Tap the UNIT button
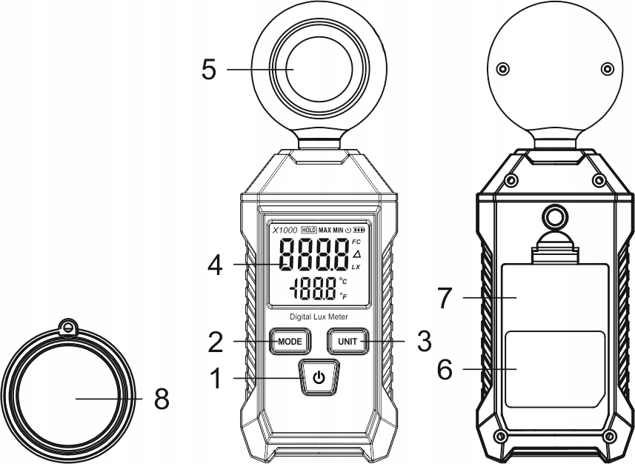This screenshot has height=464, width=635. coord(348,341)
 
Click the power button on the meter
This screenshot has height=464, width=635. coord(319,378)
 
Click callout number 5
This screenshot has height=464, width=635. coord(209,70)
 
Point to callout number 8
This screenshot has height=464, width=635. coord(162,399)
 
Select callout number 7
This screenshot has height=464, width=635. coord(445,298)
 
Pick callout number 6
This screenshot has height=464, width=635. coord(445,369)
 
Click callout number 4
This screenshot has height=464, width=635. coord(215,266)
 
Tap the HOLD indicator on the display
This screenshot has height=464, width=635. coord(309,231)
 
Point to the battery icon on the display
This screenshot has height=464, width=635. coord(359,231)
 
